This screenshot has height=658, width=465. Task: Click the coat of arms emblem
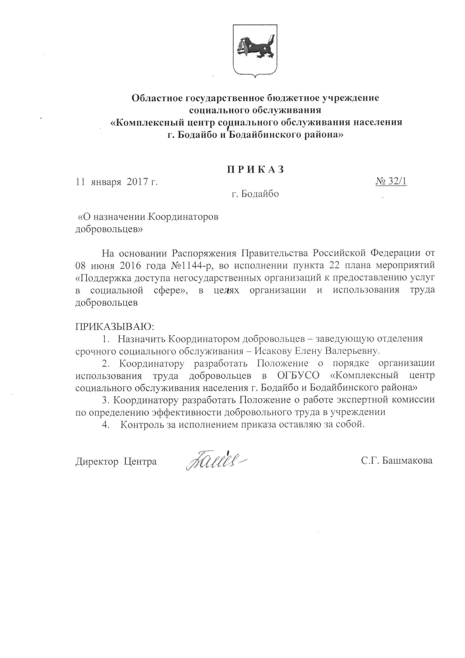(255, 50)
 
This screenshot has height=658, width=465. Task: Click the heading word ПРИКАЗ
(256, 169)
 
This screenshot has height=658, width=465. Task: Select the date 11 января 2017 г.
(117, 182)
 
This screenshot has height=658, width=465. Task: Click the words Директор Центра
(116, 461)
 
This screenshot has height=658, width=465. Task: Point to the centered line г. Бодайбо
(255, 194)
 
